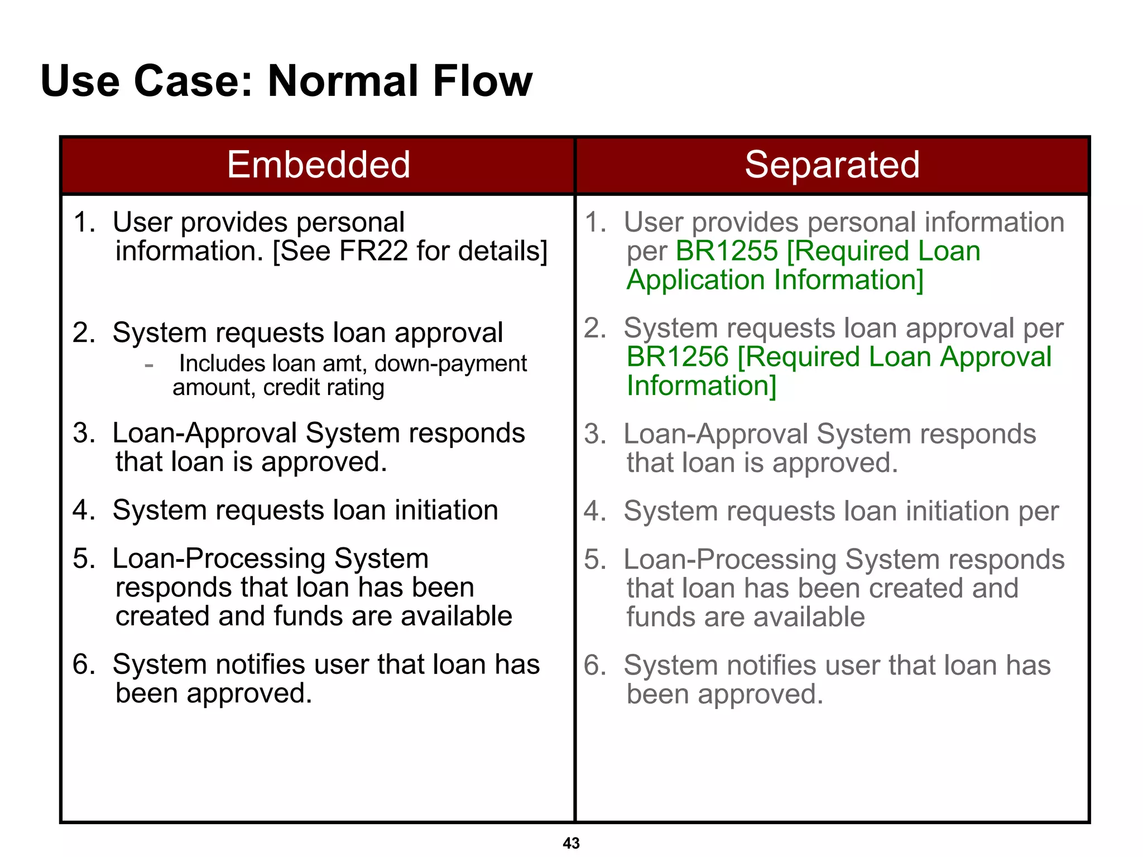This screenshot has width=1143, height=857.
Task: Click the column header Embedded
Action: (318, 165)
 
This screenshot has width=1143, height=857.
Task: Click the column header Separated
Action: (832, 165)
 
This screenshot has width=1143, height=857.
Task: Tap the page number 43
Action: (571, 843)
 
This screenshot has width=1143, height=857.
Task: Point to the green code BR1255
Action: (726, 251)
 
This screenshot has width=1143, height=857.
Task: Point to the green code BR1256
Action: (677, 357)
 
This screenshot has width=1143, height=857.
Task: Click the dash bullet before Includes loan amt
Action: (148, 365)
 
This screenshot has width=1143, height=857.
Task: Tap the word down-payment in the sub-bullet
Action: (450, 364)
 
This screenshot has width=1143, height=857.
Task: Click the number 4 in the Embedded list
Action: (83, 511)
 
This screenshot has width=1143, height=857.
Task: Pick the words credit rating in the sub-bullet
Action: (324, 388)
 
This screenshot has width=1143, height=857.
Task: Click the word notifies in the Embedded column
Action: (260, 665)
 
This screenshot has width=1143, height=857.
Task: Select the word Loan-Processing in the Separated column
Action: (729, 560)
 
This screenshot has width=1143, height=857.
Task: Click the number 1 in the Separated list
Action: (594, 223)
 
